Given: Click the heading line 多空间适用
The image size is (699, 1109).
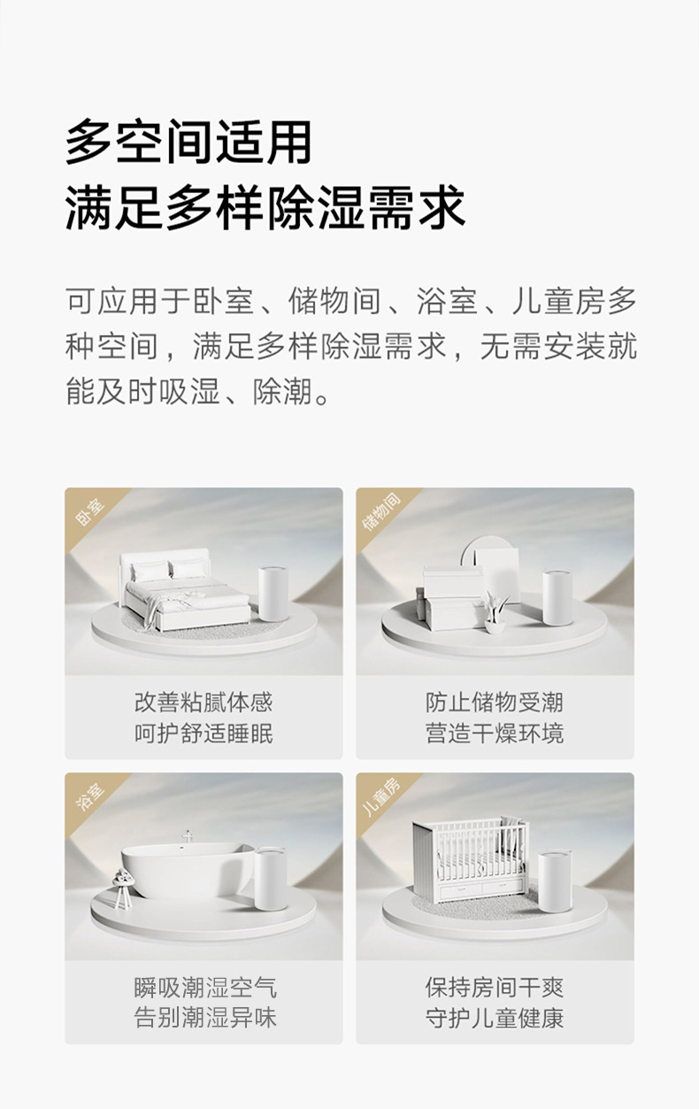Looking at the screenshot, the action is pyautogui.click(x=188, y=142).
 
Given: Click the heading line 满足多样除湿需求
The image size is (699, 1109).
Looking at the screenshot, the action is pyautogui.click(x=265, y=207).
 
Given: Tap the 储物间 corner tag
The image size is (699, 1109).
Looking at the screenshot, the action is pyautogui.click(x=381, y=512).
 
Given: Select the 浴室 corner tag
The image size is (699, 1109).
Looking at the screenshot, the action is pyautogui.click(x=89, y=797).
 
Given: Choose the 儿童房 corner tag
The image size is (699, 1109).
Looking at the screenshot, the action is pyautogui.click(x=381, y=797).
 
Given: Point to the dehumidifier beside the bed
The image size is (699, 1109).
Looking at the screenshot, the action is pyautogui.click(x=273, y=593).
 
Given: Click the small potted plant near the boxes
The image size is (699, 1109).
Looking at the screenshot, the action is pyautogui.click(x=495, y=612).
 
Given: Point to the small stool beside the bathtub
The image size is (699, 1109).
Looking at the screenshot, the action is pyautogui.click(x=122, y=888).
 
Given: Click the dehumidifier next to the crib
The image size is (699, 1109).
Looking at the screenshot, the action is pyautogui.click(x=555, y=881).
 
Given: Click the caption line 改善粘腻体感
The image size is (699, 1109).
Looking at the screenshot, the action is pyautogui.click(x=204, y=702).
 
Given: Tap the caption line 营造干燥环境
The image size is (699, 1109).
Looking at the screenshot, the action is pyautogui.click(x=495, y=733).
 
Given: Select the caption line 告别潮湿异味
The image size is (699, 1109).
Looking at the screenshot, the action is pyautogui.click(x=205, y=1018).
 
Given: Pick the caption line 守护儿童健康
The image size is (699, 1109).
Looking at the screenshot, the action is pyautogui.click(x=495, y=1018).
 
